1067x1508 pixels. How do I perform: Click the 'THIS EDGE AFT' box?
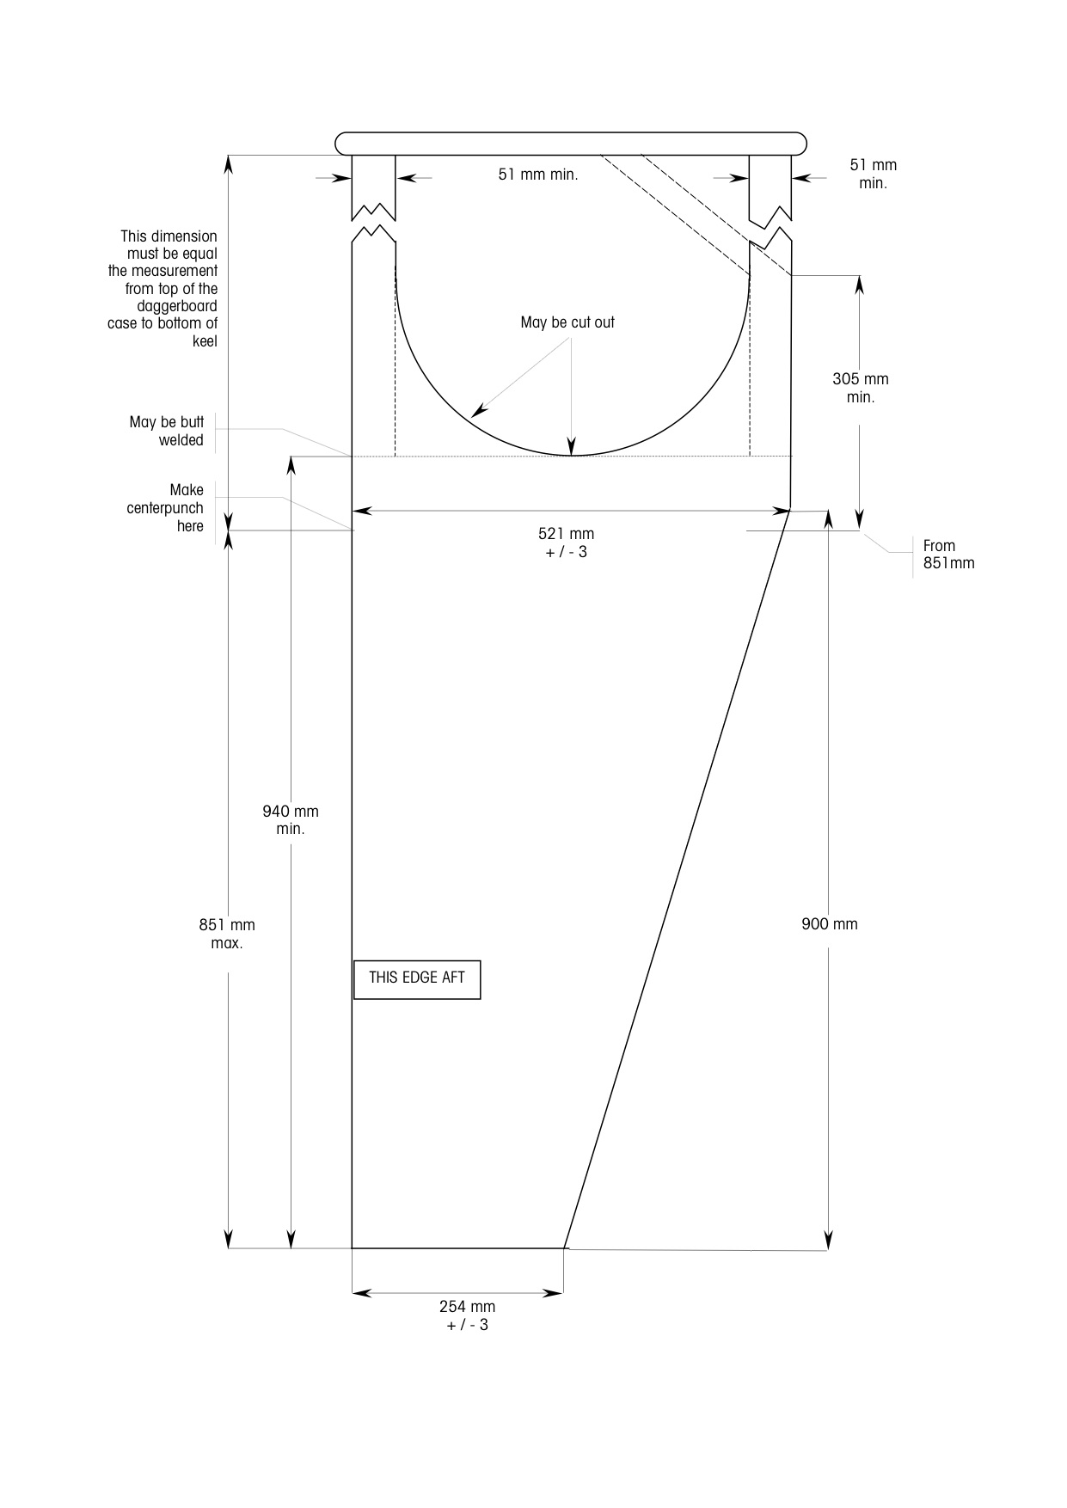417,979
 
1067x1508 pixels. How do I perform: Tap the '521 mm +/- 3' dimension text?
567,543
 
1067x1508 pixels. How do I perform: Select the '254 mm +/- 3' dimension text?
468,1315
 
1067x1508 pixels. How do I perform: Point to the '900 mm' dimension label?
830,924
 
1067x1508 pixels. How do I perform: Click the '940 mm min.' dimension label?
291,820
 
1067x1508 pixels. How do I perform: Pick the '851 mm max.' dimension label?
227,934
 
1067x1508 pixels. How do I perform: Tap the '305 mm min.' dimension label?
861,388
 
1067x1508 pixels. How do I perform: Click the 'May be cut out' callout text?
567,322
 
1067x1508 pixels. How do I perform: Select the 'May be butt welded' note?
167,431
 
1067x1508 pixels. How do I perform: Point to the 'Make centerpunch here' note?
165,508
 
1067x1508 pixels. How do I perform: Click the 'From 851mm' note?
949,555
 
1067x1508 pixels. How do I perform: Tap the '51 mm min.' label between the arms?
538,175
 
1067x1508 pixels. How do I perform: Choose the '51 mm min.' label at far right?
874,174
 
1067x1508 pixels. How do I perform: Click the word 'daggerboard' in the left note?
177,306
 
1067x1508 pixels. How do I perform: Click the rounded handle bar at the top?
571,144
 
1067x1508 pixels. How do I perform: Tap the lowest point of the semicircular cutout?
573,456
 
